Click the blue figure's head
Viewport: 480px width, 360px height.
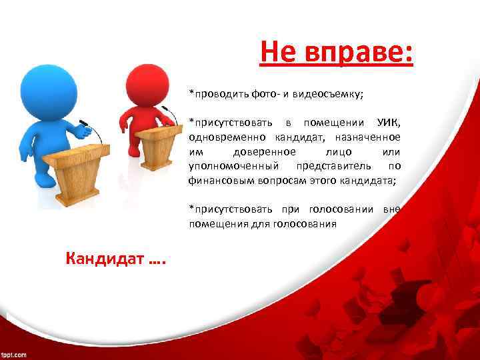click(x=45, y=86)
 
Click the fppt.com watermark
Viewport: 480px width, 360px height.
click(x=13, y=354)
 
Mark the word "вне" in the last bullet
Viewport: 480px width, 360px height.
click(x=392, y=209)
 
